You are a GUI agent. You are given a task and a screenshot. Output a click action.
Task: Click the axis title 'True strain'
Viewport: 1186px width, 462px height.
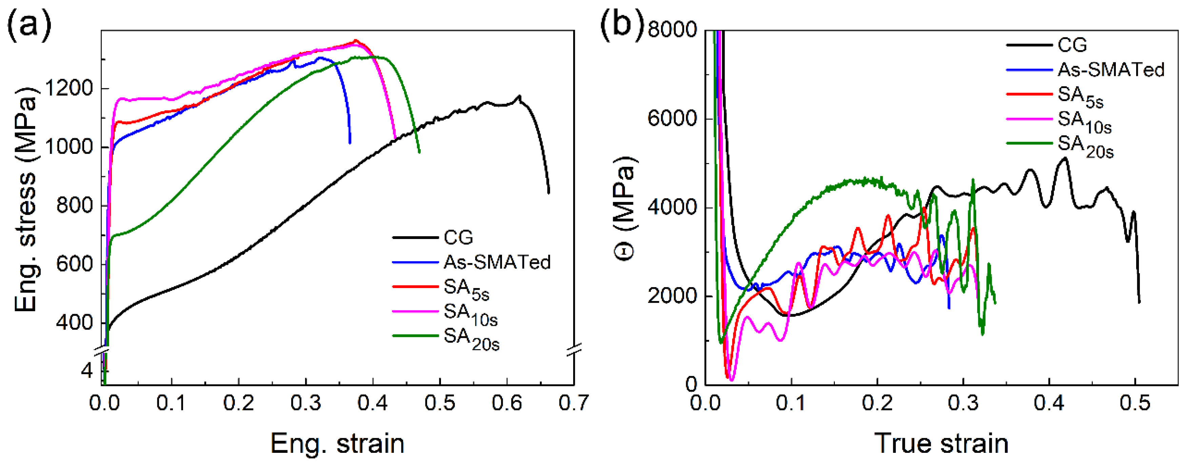941,444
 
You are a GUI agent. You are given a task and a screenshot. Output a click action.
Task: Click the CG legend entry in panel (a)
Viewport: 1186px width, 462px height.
458,238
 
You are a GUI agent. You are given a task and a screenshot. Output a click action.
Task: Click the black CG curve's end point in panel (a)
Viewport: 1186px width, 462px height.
548,193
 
